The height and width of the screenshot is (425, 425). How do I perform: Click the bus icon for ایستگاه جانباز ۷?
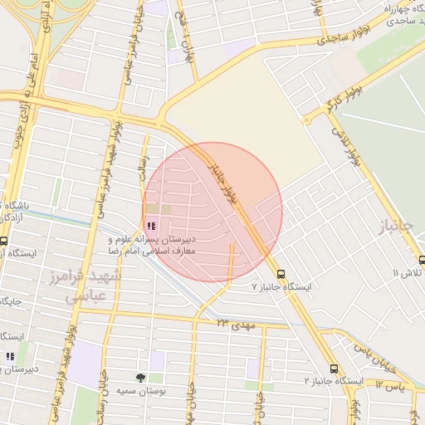281,273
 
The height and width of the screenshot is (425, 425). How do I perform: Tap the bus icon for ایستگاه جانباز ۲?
334,369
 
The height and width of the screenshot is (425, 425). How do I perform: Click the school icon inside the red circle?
150,225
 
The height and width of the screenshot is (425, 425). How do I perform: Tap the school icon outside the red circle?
10,357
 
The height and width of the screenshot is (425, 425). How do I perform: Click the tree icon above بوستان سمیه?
139,378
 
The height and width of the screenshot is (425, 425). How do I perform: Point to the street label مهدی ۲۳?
236,320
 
